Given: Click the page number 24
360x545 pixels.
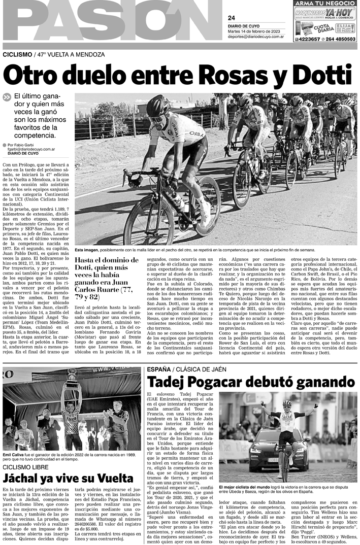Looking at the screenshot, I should (x=232, y=18).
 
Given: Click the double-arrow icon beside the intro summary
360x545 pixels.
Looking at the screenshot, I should (x=7, y=97).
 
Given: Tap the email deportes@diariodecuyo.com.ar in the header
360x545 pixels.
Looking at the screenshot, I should (x=257, y=37).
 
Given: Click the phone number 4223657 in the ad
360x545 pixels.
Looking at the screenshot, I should (x=307, y=39).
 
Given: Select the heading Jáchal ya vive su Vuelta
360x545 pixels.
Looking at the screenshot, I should (x=69, y=479).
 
